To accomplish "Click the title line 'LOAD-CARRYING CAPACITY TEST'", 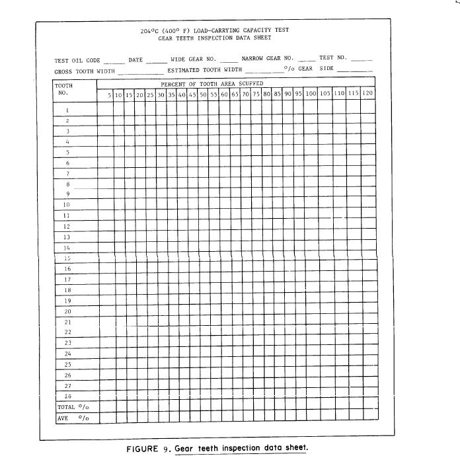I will [x=214, y=30].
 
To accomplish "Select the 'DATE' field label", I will [x=135, y=60].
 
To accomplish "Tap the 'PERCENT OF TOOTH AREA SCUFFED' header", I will [x=212, y=84].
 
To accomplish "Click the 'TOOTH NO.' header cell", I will [x=64, y=89].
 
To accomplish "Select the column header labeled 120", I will [x=367, y=94].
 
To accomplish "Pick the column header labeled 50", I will [x=204, y=95].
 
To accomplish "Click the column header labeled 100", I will [x=311, y=94].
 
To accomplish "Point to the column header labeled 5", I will [x=109, y=95].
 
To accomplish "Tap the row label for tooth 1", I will [x=67, y=110].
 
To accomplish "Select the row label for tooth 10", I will [x=67, y=205].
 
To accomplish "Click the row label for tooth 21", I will [x=67, y=321].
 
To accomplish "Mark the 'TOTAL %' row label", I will [x=73, y=407].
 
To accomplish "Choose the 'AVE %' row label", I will [x=73, y=418].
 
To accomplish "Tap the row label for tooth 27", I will [x=67, y=385].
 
